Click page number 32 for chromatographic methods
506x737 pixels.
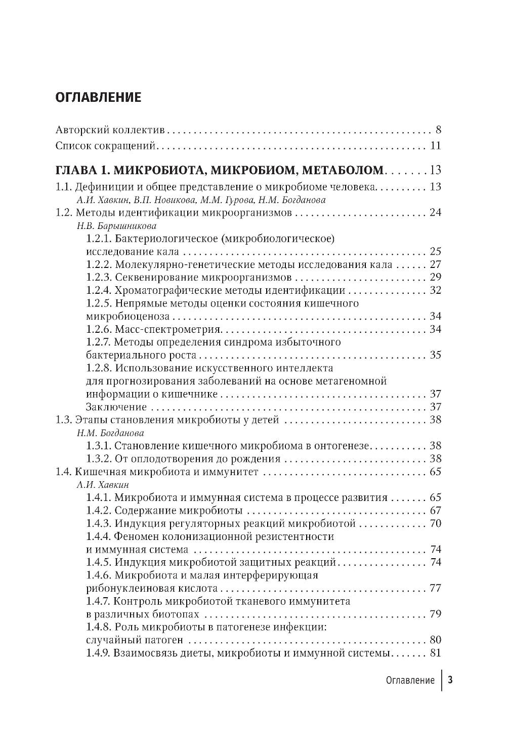pos(435,290)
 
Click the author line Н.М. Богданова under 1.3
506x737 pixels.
pos(110,433)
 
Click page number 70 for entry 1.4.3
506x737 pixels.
pos(435,523)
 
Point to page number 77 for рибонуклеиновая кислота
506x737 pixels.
pos(435,588)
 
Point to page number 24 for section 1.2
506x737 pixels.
pos(435,212)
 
